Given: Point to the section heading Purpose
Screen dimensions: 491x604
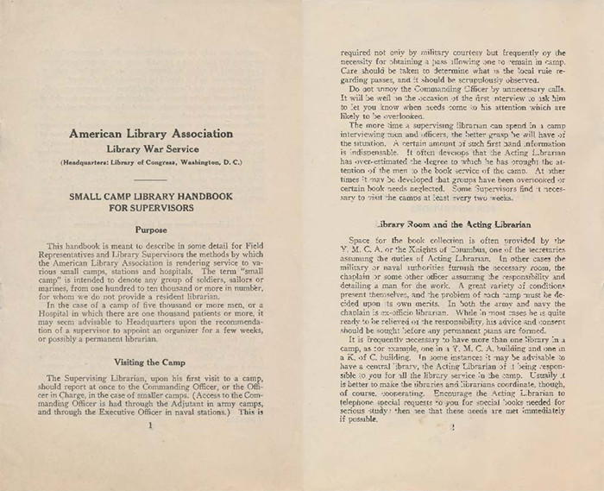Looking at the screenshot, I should click(x=150, y=230).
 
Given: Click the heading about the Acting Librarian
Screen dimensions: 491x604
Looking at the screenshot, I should click(x=452, y=223).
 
